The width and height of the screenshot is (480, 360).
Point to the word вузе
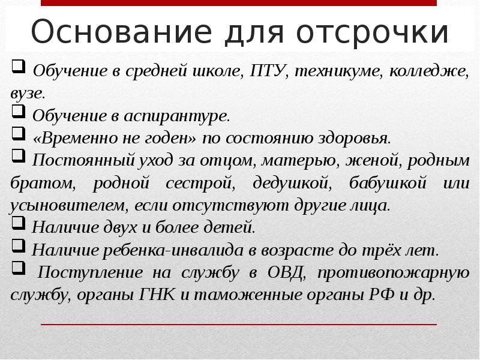coord(26,94)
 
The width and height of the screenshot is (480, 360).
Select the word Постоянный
coord(73,160)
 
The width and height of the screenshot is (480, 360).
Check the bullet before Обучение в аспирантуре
coord(17,113)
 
